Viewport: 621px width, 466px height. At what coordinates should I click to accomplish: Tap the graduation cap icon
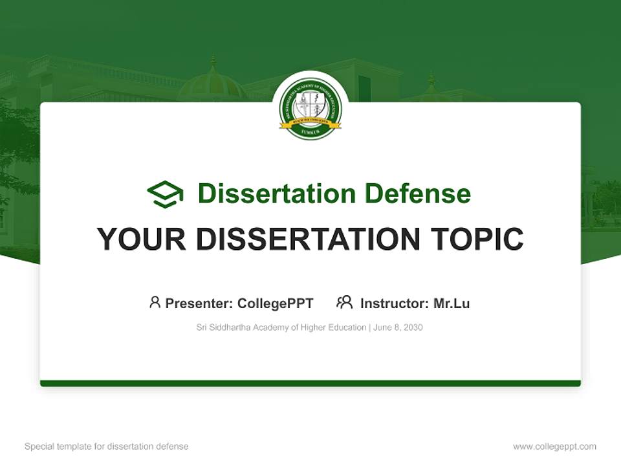(165, 194)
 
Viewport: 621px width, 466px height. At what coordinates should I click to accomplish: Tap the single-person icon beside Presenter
(155, 302)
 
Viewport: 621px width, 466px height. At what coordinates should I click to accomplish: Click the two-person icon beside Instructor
(344, 302)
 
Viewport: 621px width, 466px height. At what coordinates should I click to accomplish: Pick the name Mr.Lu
(452, 304)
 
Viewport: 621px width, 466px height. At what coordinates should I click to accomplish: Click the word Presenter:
(199, 304)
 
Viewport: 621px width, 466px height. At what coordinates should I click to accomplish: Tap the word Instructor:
(394, 304)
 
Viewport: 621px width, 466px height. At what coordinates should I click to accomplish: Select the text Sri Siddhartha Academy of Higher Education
(281, 327)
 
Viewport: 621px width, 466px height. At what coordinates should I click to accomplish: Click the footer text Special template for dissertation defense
(106, 447)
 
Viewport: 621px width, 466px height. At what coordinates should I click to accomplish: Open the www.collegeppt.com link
(554, 447)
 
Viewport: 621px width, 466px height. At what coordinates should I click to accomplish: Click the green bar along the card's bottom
(310, 383)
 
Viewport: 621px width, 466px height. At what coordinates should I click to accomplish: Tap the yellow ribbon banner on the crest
(310, 122)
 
